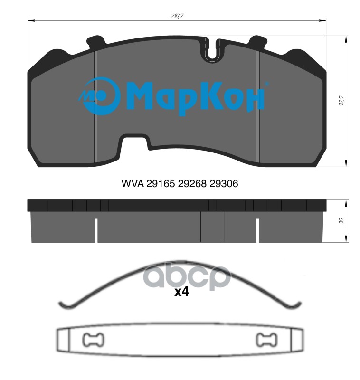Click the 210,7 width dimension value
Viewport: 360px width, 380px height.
(x=177, y=16)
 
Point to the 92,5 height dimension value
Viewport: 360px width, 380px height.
(x=341, y=102)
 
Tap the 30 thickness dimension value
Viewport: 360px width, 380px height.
(x=341, y=221)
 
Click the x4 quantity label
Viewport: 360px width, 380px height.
(x=181, y=292)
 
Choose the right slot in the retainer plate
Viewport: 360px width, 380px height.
(x=265, y=340)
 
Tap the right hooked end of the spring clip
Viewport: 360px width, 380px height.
(x=296, y=304)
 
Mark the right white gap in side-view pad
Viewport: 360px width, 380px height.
(x=257, y=230)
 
